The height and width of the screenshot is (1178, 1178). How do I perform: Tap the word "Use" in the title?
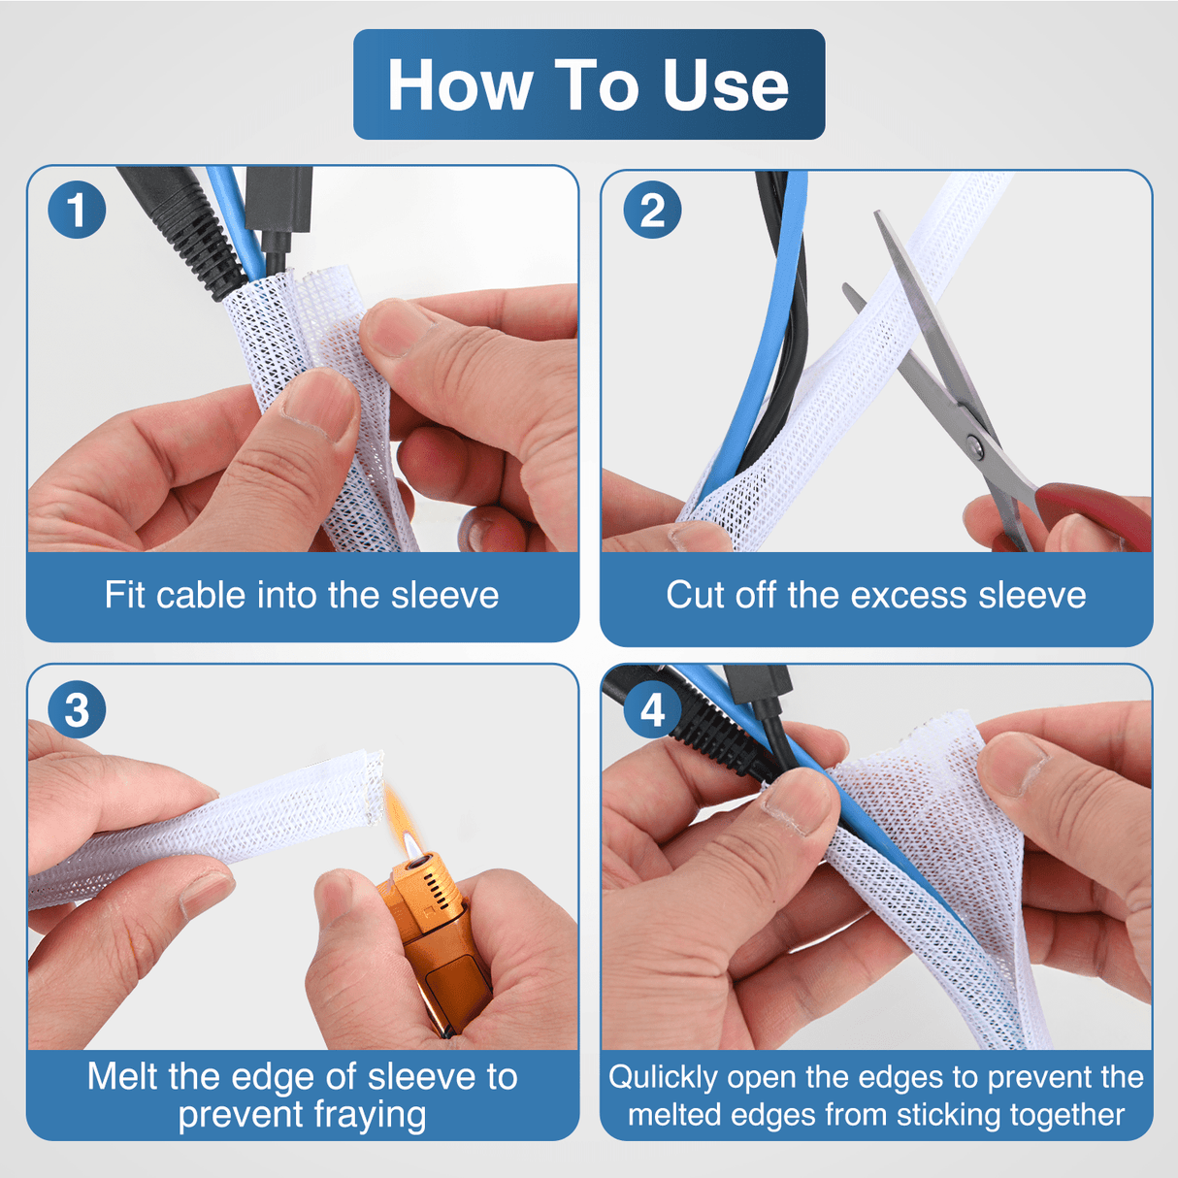(x=726, y=85)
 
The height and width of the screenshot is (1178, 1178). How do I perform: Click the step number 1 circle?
(x=77, y=210)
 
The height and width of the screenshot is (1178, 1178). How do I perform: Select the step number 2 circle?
(x=652, y=210)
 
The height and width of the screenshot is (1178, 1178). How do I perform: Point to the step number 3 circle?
(x=77, y=709)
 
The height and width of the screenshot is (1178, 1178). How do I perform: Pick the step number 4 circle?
(x=652, y=709)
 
